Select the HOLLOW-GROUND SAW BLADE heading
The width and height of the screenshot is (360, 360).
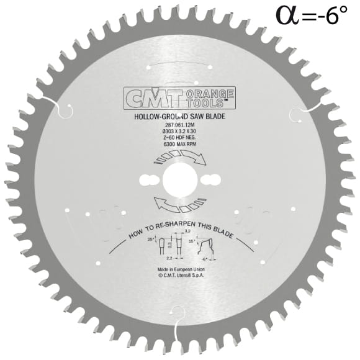coord(179,115)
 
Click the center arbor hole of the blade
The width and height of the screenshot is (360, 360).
coord(179,180)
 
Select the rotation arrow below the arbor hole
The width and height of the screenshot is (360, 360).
coord(179,202)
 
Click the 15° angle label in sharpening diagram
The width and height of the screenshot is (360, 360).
coord(193,238)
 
